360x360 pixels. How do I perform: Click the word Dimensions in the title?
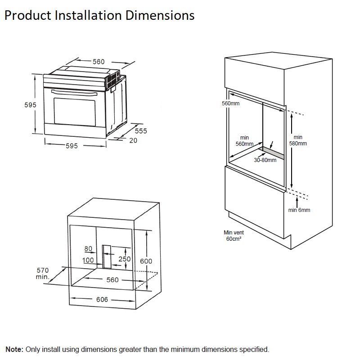160,16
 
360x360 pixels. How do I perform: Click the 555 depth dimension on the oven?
141,131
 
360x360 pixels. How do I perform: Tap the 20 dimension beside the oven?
133,140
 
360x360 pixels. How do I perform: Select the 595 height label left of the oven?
30,105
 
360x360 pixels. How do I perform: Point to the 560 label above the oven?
99,62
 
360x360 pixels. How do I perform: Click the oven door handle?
74,93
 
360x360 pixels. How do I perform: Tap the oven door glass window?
75,112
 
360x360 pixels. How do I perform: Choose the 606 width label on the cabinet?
102,300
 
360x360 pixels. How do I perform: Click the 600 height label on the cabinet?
146,261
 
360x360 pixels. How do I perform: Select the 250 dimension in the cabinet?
125,259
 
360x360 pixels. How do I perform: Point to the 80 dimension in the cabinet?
88,249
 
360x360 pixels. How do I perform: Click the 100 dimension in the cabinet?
88,260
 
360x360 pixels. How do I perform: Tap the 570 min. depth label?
43,274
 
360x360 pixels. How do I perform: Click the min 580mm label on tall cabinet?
298,140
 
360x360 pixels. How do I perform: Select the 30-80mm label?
265,160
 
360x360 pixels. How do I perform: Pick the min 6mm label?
299,210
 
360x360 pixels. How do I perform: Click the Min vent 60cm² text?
234,236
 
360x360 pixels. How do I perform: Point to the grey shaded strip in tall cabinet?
273,153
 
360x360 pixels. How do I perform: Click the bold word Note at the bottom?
14,350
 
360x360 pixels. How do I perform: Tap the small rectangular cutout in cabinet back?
107,256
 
